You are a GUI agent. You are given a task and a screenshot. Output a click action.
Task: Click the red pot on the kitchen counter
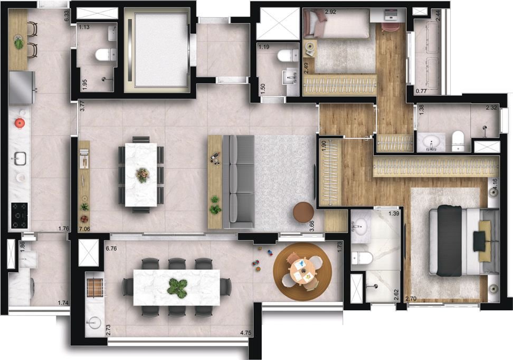[x=20, y=123]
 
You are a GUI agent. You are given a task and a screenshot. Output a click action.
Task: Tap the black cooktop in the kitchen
[x=20, y=215]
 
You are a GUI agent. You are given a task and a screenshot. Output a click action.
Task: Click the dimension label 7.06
[x=84, y=229]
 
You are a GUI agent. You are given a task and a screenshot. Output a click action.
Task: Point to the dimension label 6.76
[x=111, y=249]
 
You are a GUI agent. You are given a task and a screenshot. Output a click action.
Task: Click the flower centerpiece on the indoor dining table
[x=142, y=175]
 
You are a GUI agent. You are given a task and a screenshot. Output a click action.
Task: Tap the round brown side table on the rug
[x=303, y=212]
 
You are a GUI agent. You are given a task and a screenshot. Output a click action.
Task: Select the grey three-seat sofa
[x=239, y=182]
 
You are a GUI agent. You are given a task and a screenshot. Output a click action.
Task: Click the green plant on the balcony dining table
[x=177, y=288]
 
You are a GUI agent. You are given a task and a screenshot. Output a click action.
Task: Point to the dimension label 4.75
[x=245, y=333]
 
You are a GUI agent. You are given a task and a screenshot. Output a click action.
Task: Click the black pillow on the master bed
[x=480, y=241]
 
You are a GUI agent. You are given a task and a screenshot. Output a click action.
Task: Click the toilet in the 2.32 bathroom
[x=458, y=141]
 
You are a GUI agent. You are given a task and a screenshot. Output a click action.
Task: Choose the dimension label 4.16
[x=495, y=183]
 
